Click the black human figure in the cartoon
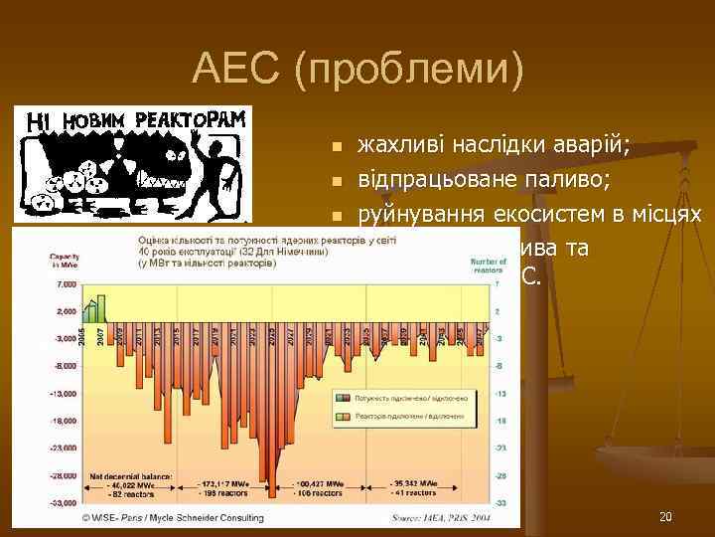pos(215,169)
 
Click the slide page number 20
pos(664,516)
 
